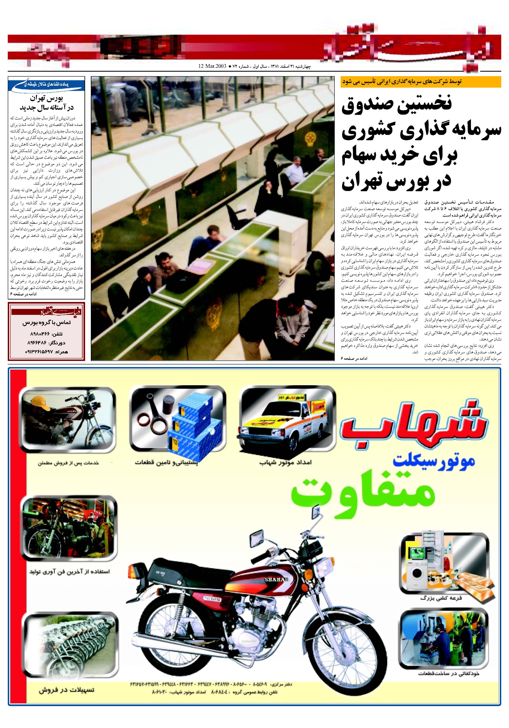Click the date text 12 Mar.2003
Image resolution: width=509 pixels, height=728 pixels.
(x=212, y=67)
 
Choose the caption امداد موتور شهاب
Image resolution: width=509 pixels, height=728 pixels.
(x=286, y=463)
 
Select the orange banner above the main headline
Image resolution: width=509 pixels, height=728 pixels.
(x=421, y=81)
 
